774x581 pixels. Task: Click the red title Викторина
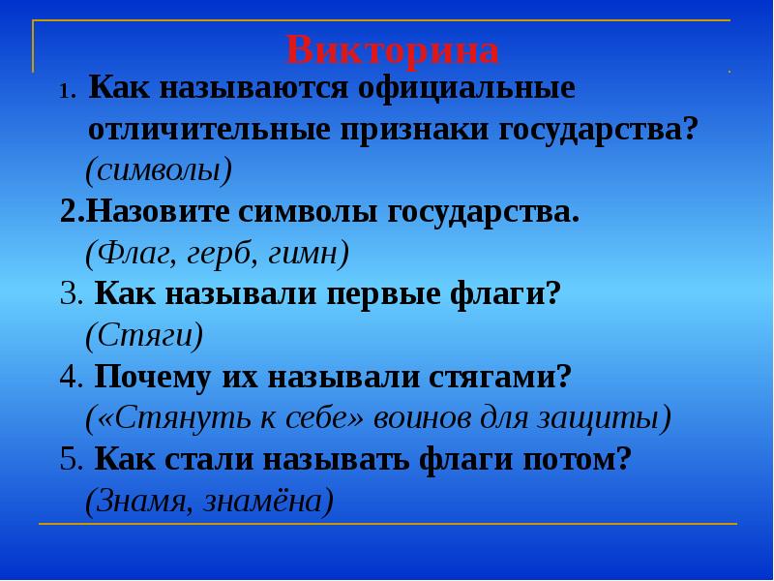[x=393, y=48]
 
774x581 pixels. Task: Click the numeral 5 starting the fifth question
[x=68, y=460]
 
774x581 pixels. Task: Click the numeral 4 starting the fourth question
[x=68, y=378]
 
